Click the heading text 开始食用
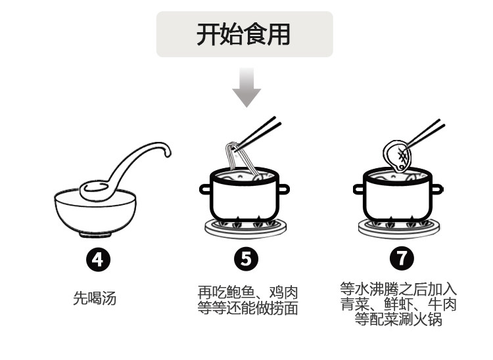pos(244,34)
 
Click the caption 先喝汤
pos(95,299)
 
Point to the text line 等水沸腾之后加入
pos(398,289)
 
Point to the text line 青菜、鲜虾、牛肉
pos(398,304)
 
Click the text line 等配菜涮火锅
pos(398,319)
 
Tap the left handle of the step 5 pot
pos(205,190)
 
